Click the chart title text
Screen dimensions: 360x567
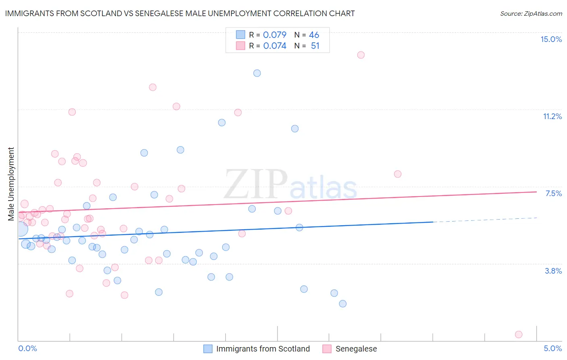tap(180, 13)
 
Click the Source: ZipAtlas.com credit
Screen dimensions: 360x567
tap(531, 13)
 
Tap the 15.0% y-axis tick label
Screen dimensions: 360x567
tap(551, 39)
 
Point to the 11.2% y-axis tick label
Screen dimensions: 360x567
tap(552, 116)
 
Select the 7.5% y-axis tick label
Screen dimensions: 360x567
tap(553, 193)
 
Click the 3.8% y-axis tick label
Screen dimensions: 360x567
tap(553, 271)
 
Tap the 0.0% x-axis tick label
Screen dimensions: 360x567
tap(27, 348)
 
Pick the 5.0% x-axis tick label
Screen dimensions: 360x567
tap(552, 348)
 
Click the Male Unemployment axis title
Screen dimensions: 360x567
tap(11, 184)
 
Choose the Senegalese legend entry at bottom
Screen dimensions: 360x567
tap(356, 349)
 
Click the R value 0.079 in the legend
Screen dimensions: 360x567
tap(275, 35)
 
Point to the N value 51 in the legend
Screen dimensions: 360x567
tap(315, 46)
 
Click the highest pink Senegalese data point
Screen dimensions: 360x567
tap(361, 55)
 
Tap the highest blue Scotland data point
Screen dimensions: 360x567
tap(257, 73)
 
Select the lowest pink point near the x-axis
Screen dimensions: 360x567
tap(519, 334)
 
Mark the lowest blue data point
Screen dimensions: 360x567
tap(343, 303)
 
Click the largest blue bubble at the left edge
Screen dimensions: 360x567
tap(21, 229)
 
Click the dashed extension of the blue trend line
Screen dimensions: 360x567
tap(484, 220)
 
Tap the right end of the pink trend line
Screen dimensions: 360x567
tap(536, 192)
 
